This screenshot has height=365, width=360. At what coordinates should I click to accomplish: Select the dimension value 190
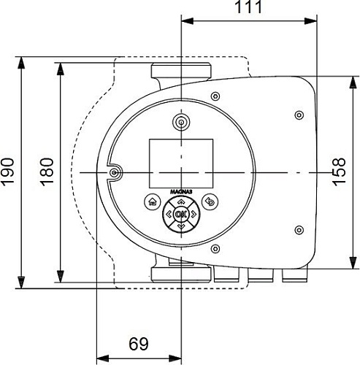click(x=9, y=172)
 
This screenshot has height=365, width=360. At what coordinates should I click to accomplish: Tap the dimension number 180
click(x=46, y=172)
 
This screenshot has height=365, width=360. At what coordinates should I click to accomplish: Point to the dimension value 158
click(x=340, y=172)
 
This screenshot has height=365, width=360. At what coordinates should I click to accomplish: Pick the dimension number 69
click(x=139, y=344)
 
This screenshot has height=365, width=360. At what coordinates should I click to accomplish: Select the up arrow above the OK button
click(x=181, y=201)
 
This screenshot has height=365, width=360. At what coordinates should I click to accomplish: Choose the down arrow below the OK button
click(x=181, y=226)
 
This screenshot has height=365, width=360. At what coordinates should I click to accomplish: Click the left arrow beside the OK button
click(x=169, y=214)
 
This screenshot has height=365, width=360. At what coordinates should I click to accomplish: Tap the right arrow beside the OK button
click(x=194, y=214)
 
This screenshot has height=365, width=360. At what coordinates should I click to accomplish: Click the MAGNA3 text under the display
click(x=181, y=191)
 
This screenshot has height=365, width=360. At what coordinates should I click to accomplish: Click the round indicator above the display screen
click(x=181, y=120)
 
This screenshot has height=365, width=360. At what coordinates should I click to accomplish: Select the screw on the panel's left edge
click(x=115, y=172)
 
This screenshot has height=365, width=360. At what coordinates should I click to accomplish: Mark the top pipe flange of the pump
click(x=181, y=72)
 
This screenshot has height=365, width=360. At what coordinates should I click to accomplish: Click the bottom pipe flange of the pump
click(x=181, y=274)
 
